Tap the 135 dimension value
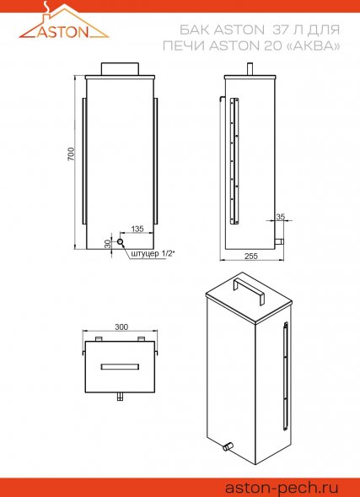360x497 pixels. click(x=137, y=229)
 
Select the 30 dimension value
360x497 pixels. click(x=108, y=244)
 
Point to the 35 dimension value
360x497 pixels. click(x=281, y=217)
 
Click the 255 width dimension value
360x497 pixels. click(x=251, y=257)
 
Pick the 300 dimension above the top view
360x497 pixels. click(x=121, y=327)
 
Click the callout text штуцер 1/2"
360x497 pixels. click(x=153, y=255)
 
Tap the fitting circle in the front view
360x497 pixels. click(x=121, y=242)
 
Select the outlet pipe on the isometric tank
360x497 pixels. click(x=228, y=446)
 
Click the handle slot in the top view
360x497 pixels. click(x=120, y=366)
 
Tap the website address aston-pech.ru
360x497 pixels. click(x=282, y=488)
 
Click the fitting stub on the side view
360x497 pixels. click(x=279, y=242)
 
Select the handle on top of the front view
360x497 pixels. click(x=120, y=69)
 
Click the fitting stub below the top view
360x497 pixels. click(x=120, y=397)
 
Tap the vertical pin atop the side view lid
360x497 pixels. click(x=250, y=69)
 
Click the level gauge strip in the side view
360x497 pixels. click(x=234, y=161)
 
